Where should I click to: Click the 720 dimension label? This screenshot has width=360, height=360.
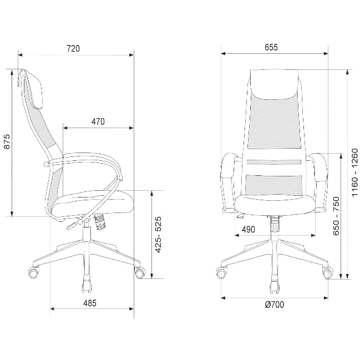point(73,49)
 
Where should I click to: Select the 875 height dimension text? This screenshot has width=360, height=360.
point(8,141)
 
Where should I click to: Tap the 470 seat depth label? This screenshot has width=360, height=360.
point(98,121)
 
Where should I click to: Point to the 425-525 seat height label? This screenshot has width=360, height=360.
point(159,235)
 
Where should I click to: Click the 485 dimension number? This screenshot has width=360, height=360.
point(90,303)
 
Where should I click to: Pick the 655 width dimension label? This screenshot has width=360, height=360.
point(271,47)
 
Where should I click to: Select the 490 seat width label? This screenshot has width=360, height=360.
point(248,229)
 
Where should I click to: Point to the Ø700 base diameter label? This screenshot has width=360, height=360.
point(275,305)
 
